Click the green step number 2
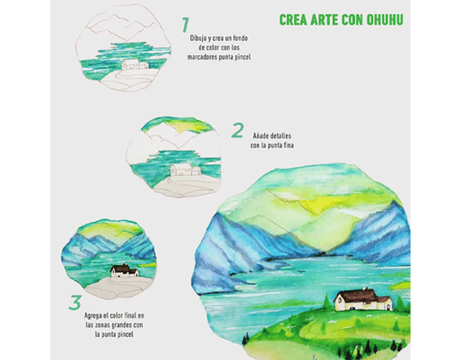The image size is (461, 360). [x=238, y=130]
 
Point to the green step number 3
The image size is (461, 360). [x=75, y=302]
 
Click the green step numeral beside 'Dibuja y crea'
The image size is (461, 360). [x=185, y=24]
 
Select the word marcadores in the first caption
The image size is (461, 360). [x=200, y=57]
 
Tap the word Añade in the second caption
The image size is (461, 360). [x=260, y=136]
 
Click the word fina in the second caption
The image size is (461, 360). [x=288, y=145]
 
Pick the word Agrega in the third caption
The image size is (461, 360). [x=92, y=316]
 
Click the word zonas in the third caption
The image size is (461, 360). [x=104, y=325]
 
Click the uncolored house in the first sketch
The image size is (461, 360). [x=135, y=64]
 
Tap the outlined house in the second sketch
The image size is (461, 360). [x=186, y=169]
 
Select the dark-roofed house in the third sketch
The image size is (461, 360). [x=125, y=271]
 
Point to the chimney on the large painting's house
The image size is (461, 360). [x=365, y=289]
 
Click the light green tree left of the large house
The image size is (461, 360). [x=326, y=301]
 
